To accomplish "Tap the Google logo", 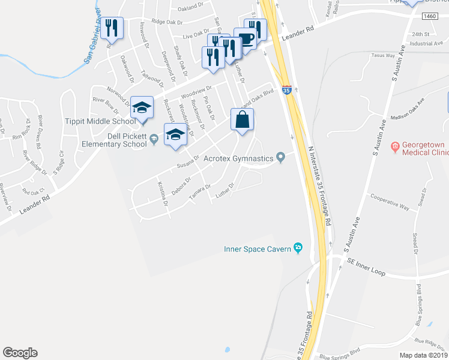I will [20, 353].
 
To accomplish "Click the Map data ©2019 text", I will [423, 355].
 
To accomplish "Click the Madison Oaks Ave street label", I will [411, 109].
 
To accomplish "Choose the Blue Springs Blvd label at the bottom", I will [340, 355].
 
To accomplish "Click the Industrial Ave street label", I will [426, 43].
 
